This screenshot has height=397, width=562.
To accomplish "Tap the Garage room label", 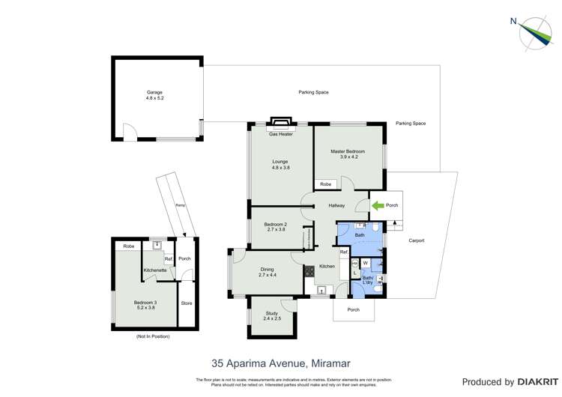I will tap(154, 93).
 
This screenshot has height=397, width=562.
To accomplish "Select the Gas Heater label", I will tap(280, 134).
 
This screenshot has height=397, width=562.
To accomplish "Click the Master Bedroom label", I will tap(348, 151).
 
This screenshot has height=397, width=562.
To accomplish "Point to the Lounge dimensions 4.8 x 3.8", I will tap(280, 168).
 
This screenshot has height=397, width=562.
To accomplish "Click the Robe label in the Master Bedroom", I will tap(325, 184).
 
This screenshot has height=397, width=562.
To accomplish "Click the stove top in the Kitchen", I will tap(308, 272).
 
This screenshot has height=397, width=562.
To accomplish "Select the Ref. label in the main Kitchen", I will tap(344, 252).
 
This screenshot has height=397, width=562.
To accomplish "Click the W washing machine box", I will tap(366, 263).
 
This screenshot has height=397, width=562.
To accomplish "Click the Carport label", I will tap(416, 240).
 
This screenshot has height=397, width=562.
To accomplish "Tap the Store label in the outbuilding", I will tap(187, 303).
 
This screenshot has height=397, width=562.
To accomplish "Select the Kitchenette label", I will tap(155, 270).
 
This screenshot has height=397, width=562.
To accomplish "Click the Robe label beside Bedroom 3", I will tap(129, 246).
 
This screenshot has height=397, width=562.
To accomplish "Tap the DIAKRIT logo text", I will tap(534, 382).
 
